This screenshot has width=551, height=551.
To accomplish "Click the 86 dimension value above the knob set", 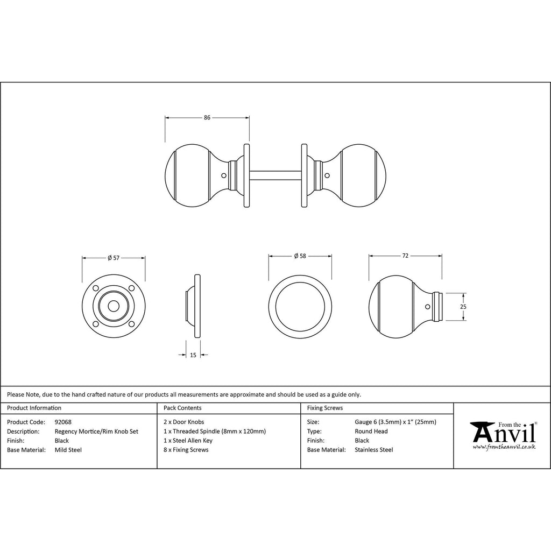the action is pyautogui.click(x=207, y=117).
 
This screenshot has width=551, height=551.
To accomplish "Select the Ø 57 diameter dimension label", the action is pyautogui.click(x=114, y=258).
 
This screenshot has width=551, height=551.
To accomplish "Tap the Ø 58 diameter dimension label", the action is pyautogui.click(x=300, y=256).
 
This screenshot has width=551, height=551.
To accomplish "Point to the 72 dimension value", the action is pyautogui.click(x=405, y=256).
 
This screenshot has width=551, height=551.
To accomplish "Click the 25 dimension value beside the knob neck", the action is pyautogui.click(x=463, y=307).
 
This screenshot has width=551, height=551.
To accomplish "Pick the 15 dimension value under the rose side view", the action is pyautogui.click(x=193, y=355).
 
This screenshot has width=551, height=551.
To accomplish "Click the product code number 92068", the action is pyautogui.click(x=63, y=422).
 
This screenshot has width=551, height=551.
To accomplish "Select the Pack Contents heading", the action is pyautogui.click(x=182, y=408).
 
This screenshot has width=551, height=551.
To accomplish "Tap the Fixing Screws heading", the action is pyautogui.click(x=325, y=408).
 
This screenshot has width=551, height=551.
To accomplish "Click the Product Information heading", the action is pyautogui.click(x=34, y=408).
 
